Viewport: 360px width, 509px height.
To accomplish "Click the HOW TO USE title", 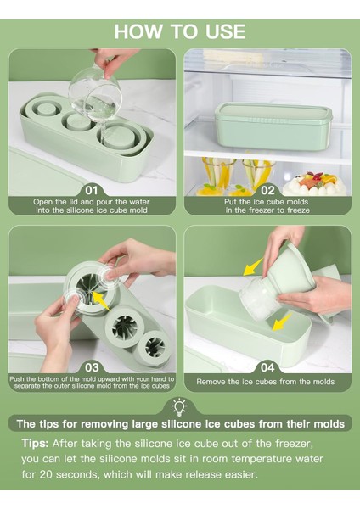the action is (x=180, y=31).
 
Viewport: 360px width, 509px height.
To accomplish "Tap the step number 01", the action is (x=92, y=190).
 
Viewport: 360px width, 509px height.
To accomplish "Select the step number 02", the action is (x=267, y=190).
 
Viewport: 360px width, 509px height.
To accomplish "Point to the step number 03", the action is (x=92, y=367).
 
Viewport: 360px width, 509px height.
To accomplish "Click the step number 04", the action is (x=267, y=367).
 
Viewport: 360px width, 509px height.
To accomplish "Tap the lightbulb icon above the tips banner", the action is (x=179, y=407).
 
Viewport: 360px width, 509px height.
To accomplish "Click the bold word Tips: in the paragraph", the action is (x=35, y=443).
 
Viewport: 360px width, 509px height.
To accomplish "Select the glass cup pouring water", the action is (x=95, y=94).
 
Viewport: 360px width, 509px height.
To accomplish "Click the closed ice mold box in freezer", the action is (x=273, y=126).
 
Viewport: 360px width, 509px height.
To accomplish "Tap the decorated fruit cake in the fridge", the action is (x=314, y=183).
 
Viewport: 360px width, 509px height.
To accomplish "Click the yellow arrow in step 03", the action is (x=100, y=301).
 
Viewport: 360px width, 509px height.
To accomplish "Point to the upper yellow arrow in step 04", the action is (x=253, y=267).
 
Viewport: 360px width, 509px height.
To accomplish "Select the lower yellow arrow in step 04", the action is (x=281, y=322).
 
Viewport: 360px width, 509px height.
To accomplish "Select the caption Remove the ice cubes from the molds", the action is (x=265, y=382).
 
